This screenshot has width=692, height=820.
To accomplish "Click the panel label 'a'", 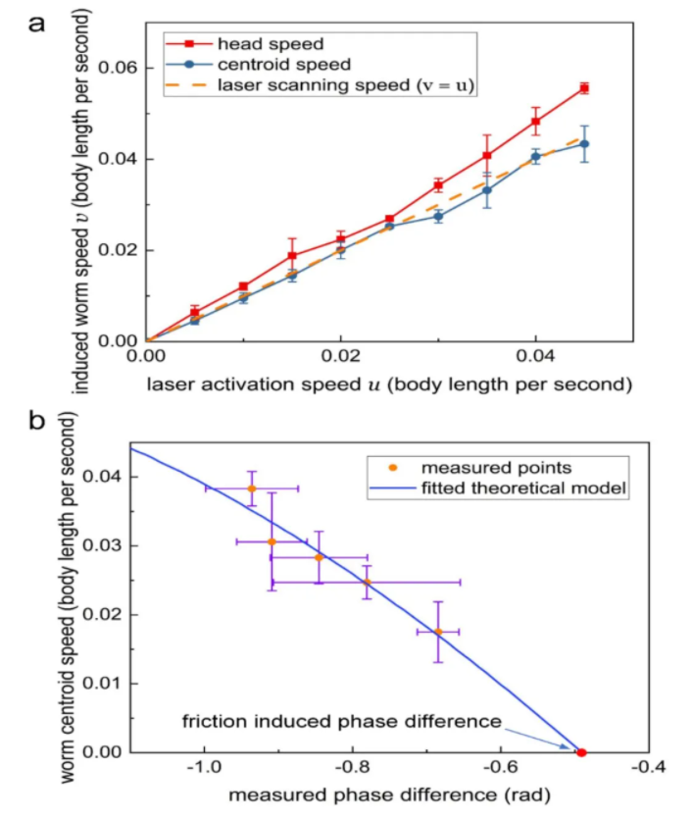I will (36, 22).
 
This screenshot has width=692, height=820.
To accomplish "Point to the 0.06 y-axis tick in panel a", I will (117, 69).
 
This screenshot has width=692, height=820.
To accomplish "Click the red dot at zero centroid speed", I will (581, 752).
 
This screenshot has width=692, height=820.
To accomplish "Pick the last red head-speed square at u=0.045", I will (584, 88).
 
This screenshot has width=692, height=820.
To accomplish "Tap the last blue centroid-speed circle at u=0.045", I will (584, 144).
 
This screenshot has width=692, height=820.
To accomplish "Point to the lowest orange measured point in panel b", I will (438, 632).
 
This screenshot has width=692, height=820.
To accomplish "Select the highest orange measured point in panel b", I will (252, 488).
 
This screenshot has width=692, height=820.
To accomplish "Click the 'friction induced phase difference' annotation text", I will (342, 722).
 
